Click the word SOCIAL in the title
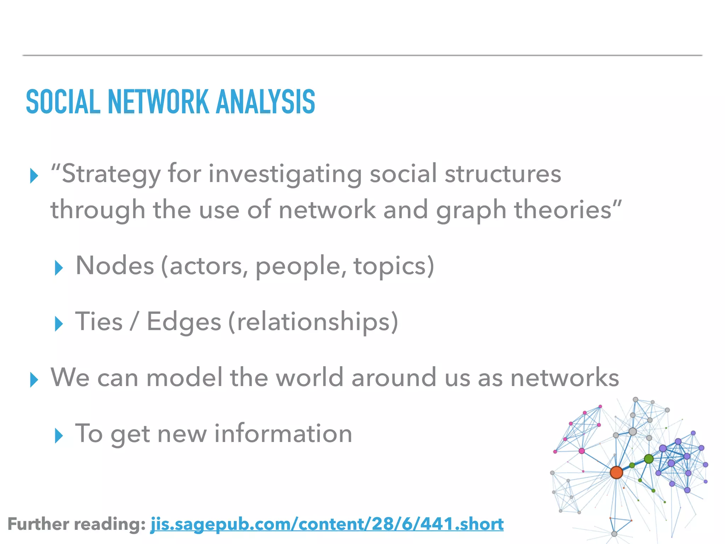63,102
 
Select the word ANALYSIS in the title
266,102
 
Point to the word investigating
285,174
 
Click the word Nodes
115,266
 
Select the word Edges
184,322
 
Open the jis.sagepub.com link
327,524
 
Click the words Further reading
76,524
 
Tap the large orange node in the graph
616,472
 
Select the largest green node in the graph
649,459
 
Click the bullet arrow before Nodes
59,268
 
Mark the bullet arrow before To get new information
59,436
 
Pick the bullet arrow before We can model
34,380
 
